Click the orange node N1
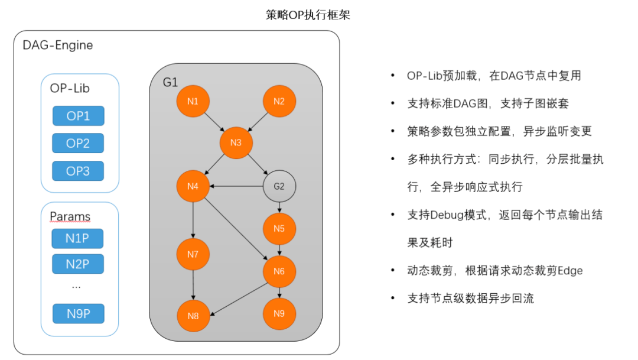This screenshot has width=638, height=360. coord(193,100)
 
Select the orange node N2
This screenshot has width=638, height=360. coord(279,100)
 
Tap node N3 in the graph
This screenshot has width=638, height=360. coord(236,142)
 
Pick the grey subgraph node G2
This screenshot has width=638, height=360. coord(279,186)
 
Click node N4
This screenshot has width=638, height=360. coord(193,187)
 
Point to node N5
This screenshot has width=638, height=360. coord(279,229)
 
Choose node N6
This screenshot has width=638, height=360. coord(279,271)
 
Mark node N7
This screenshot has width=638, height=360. coord(193,254)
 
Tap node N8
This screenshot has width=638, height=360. coord(193,315)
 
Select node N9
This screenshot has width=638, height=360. coord(279,313)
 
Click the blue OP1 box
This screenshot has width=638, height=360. coord(78,116)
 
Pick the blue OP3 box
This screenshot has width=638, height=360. coord(78,171)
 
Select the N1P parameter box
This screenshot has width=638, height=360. coord(78,238)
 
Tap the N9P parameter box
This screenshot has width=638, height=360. coord(78,314)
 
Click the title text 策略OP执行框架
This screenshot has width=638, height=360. coord(308,15)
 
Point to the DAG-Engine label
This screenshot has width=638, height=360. coord(57,45)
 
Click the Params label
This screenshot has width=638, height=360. coord(70,216)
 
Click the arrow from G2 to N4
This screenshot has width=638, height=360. coord(236,187)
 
